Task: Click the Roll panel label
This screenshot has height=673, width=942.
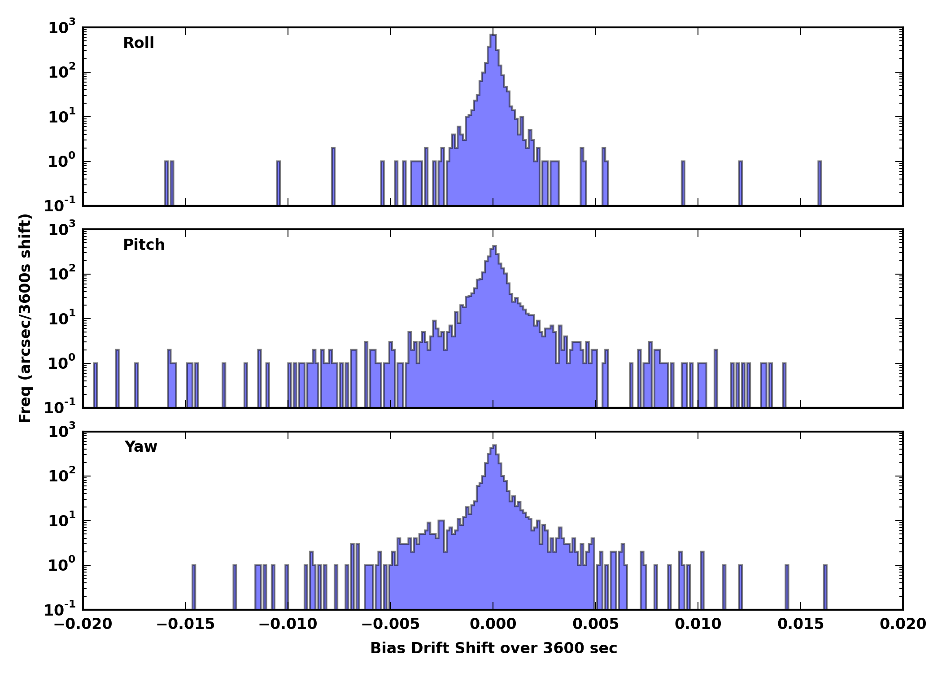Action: coord(139,43)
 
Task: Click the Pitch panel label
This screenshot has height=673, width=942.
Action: coord(144,245)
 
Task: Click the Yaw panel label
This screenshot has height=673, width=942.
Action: coord(141,447)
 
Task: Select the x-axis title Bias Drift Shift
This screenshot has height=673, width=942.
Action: coord(493,648)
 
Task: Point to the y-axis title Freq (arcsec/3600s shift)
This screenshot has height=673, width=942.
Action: coord(26,319)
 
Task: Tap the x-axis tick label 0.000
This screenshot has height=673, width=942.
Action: coord(493,624)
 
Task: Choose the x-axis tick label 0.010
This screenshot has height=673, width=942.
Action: coord(698,624)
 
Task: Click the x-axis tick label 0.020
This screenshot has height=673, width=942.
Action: coord(903,624)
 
